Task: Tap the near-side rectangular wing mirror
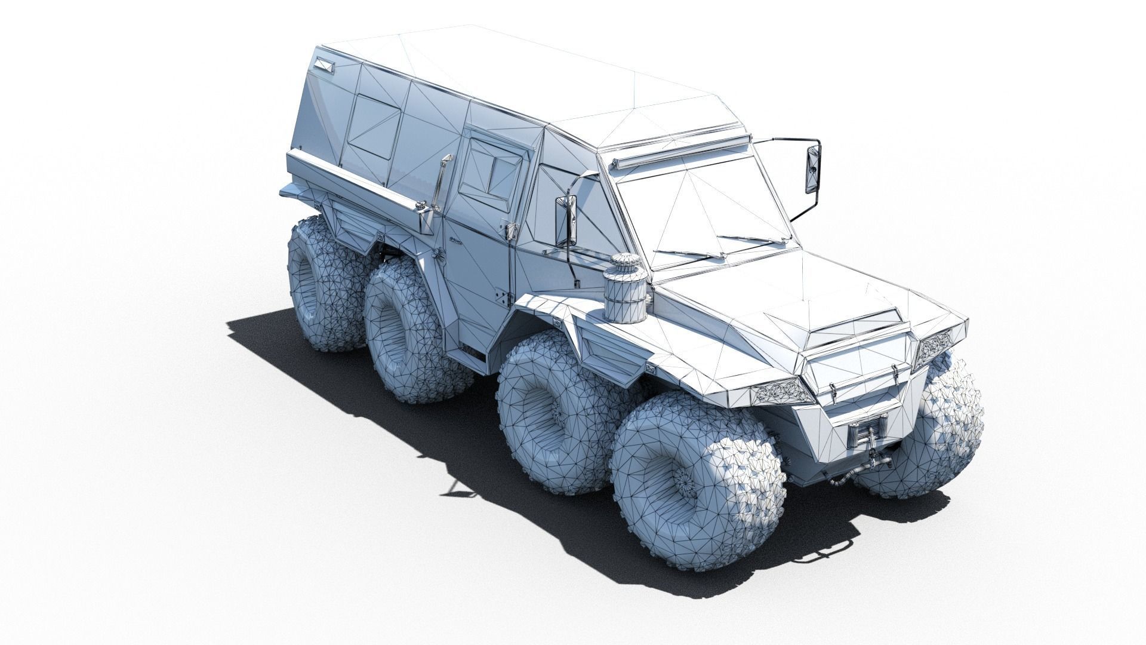click(565, 221)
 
